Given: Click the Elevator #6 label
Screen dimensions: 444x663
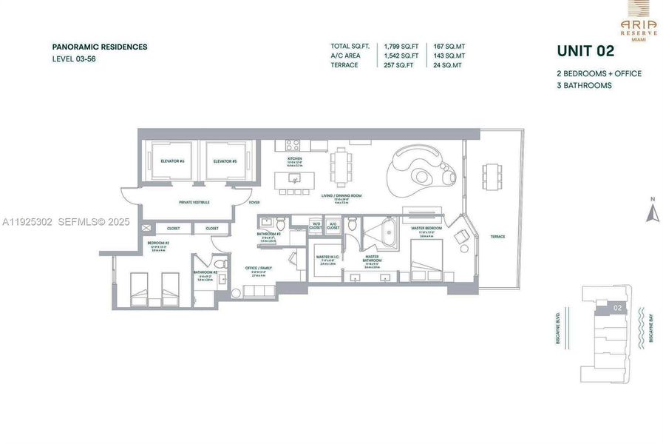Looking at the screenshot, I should click(x=171, y=161).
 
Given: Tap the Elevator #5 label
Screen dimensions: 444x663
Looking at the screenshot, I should click(x=225, y=161).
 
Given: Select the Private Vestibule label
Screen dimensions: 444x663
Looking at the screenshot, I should click(x=194, y=202).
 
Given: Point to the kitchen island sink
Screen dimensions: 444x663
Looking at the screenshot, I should click(x=295, y=178).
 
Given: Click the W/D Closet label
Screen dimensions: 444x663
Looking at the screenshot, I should click(x=316, y=225).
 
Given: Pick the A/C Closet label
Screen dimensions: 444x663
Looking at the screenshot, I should click(x=333, y=225).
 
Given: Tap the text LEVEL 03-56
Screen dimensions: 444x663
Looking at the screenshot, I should click(x=74, y=58).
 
